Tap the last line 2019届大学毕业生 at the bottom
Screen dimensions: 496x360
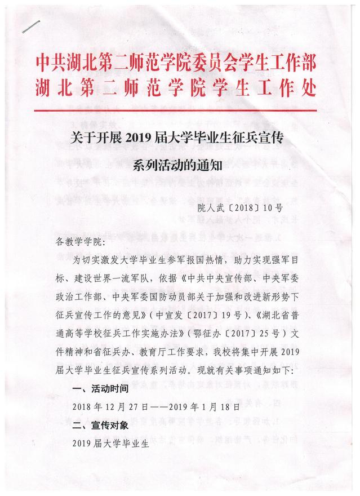pos(109,443)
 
